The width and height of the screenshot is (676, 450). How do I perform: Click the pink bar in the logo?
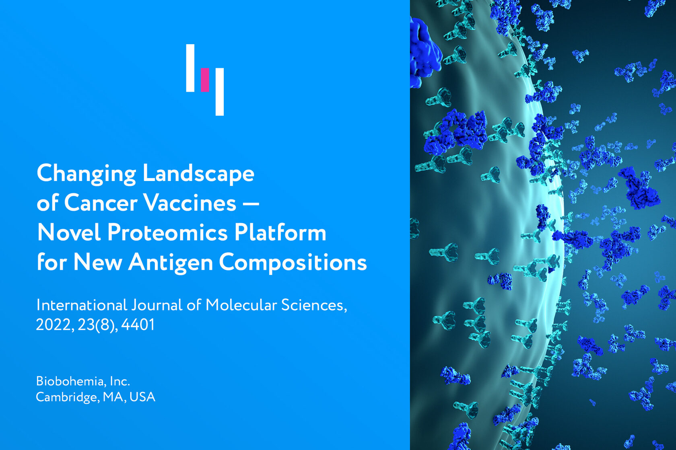205,80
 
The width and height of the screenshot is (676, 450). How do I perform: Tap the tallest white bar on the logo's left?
190,68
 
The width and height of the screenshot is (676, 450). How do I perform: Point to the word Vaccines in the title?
190,203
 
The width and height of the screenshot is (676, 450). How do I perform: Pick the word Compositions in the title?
293,263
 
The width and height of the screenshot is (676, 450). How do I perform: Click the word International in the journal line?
81,305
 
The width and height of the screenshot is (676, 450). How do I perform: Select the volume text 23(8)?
98,325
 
